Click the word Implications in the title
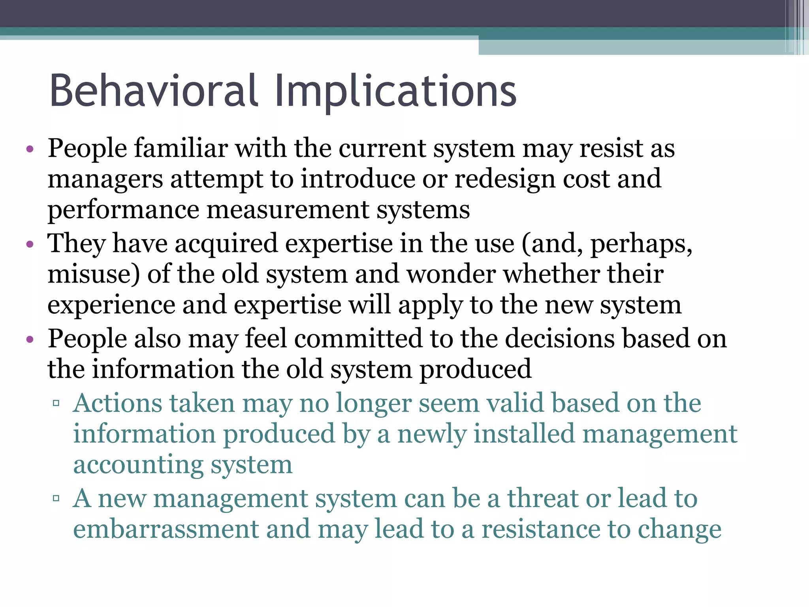coord(395,92)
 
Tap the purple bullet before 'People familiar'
coord(30,150)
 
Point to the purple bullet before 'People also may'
coord(30,339)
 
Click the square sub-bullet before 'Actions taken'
coord(56,403)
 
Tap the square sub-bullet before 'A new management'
coord(56,498)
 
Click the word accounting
coord(138,466)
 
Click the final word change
coord(679,530)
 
